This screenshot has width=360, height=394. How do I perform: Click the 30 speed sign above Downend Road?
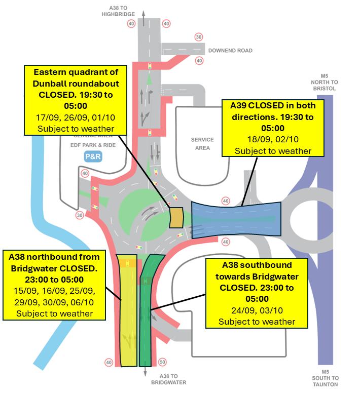[x=199, y=36]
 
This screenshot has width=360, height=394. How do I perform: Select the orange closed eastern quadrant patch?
[x=176, y=218]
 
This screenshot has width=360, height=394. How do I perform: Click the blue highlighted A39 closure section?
[x=236, y=218]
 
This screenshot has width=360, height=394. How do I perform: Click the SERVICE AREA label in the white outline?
[x=203, y=144]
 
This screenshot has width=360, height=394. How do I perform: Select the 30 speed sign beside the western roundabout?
[x=79, y=215]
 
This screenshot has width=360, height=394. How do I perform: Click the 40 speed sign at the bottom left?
[x=109, y=362]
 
